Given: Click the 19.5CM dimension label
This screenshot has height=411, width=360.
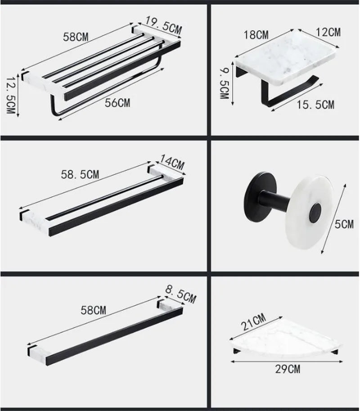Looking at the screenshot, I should point(163,25).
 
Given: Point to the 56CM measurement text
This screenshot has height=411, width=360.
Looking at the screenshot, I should point(117,103).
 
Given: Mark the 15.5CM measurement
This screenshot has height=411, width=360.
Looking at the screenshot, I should point(315,105).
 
